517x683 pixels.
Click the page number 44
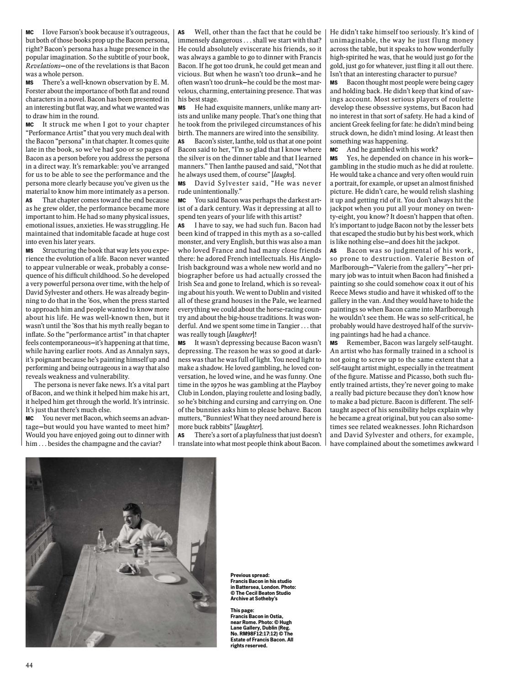(29, 665)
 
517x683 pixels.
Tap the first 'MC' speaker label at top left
(30, 33)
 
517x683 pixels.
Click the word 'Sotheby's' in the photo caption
(263, 598)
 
